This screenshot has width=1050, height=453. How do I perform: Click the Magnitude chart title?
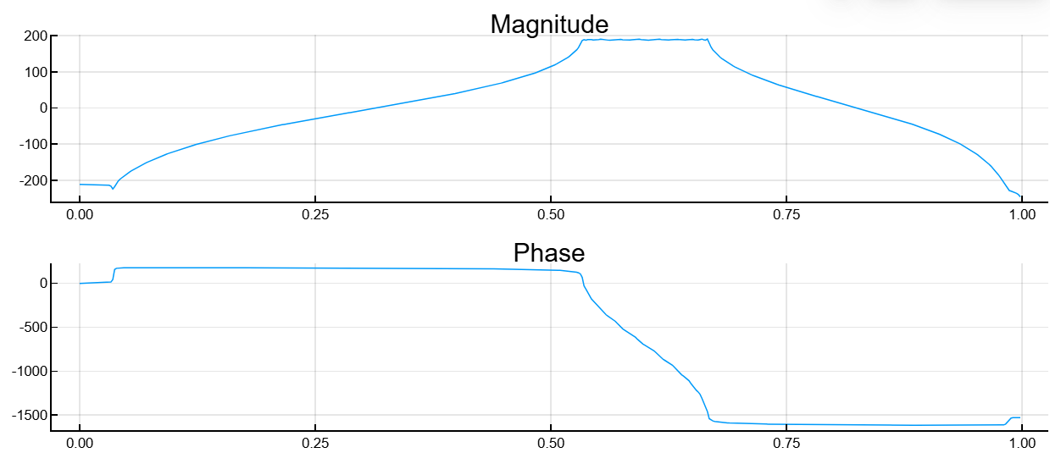549,25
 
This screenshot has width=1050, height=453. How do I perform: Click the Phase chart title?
549,253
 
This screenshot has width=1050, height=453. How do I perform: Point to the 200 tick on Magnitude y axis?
35,36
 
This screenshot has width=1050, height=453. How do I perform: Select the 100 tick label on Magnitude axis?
35,72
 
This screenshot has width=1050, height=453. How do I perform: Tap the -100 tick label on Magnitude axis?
32,145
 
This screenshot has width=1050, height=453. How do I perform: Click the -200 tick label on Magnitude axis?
32,180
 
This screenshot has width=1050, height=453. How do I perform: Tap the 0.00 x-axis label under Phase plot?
80,443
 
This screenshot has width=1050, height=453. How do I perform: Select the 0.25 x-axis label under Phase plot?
315,443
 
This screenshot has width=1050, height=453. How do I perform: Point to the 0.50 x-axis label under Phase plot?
551,443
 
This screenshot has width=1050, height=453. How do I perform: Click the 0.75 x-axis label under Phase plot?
786,443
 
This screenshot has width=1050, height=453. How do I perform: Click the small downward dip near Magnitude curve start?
113,188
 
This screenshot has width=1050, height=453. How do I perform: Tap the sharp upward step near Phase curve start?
114,274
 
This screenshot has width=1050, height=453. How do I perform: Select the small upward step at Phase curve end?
1009,420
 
